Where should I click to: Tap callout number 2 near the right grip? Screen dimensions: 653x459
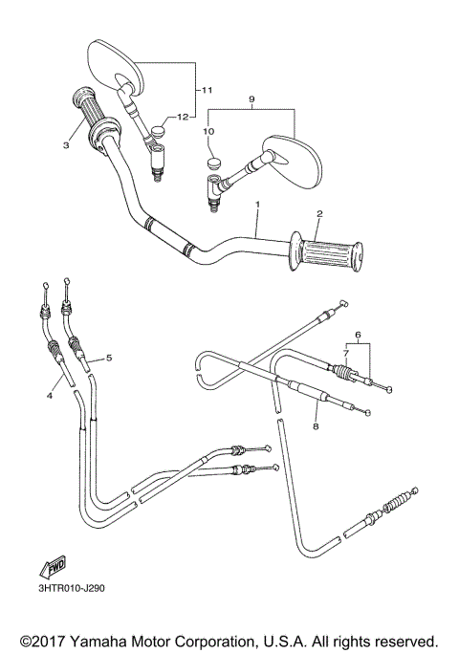[x=320, y=214]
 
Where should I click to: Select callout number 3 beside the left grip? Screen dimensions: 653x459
[x=66, y=146]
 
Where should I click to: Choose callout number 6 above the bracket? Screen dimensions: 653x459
[x=359, y=335]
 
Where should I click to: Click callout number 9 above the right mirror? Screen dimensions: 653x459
[x=251, y=98]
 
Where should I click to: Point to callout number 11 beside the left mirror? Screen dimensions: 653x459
[x=206, y=90]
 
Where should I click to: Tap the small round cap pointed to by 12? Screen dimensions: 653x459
[x=174, y=120]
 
